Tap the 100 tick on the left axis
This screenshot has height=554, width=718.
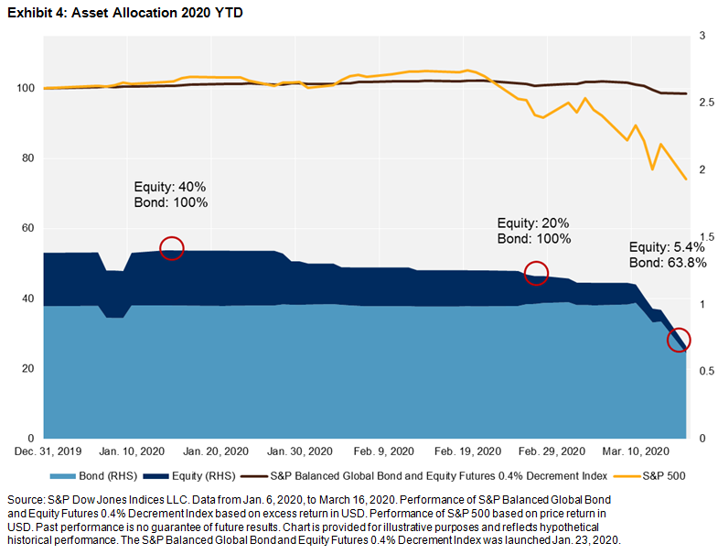click(24, 89)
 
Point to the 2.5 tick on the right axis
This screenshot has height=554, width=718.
click(704, 103)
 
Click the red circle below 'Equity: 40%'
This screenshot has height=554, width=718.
click(172, 247)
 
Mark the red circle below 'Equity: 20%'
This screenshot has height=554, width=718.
click(536, 272)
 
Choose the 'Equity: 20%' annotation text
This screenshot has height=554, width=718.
click(533, 223)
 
